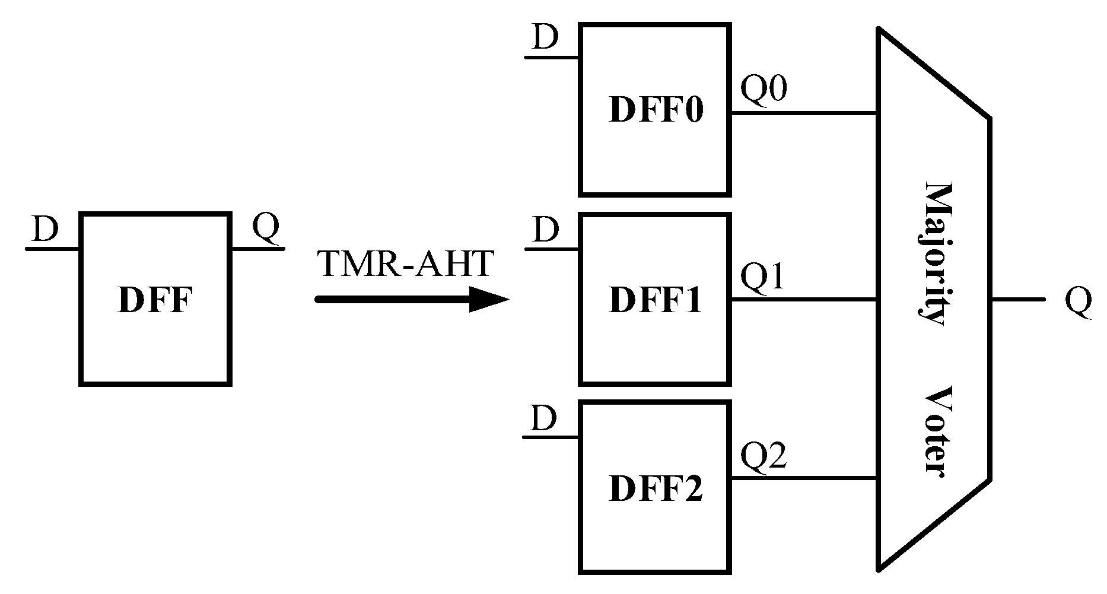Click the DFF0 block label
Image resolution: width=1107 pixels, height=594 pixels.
[656, 110]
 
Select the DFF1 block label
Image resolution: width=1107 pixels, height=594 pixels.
[656, 300]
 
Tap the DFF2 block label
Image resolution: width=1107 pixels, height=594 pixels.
[656, 489]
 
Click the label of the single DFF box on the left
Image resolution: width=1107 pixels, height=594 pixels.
[155, 300]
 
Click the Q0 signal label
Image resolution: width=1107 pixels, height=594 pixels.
[764, 90]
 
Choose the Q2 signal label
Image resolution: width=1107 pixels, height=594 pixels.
[764, 456]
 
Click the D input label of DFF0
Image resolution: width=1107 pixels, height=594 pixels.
[545, 37]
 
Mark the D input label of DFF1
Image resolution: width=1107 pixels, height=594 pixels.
[545, 230]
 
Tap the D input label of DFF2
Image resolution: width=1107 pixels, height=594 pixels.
[544, 418]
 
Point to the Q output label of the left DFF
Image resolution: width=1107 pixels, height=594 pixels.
[265, 227]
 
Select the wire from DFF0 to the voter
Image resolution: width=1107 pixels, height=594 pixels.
[804, 113]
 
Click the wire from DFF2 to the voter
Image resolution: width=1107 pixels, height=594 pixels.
[804, 478]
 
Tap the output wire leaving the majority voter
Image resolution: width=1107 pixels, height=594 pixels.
[1017, 300]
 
